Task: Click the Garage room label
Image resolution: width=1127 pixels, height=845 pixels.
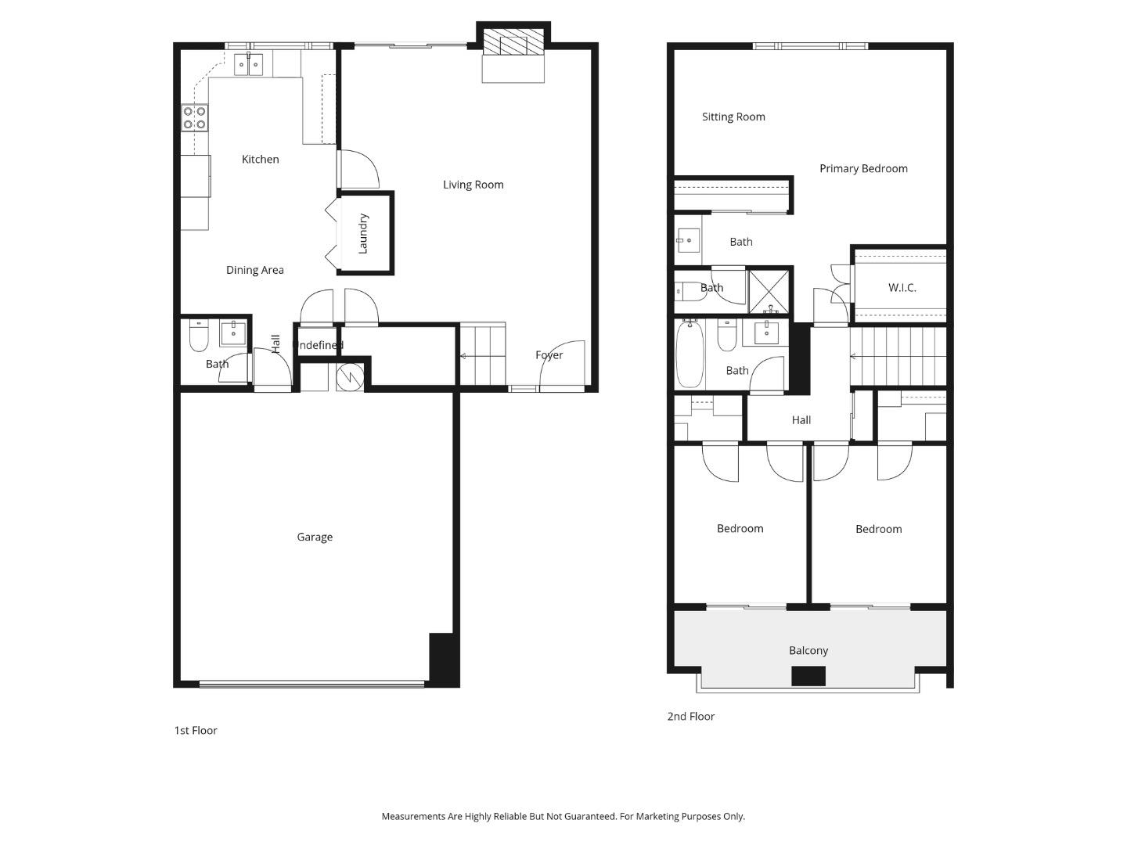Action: point(315,537)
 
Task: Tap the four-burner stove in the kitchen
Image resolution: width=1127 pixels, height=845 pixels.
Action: point(195,118)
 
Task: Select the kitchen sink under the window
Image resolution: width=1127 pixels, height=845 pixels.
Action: point(249,65)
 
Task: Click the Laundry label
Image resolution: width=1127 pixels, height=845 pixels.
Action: point(363,233)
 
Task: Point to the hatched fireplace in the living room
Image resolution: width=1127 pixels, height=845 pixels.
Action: point(513,44)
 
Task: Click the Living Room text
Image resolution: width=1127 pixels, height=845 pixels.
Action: point(473,185)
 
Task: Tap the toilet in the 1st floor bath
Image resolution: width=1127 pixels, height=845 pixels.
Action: point(198,337)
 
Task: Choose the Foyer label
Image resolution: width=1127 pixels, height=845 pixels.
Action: point(549,355)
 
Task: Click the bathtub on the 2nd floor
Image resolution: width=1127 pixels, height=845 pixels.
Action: point(690,357)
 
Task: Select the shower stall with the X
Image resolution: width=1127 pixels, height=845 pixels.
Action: point(769,292)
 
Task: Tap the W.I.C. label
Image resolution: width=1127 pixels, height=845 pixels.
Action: point(902,288)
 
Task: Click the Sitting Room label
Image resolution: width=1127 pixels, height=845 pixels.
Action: point(733,117)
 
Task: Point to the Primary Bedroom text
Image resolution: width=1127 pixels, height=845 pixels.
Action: point(863,168)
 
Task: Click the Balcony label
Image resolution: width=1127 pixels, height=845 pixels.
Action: point(808,650)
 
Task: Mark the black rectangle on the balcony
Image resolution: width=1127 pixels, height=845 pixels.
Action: point(808,676)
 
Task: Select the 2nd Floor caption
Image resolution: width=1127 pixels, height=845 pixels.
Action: point(690,716)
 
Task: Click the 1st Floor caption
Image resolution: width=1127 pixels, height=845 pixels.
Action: point(195,730)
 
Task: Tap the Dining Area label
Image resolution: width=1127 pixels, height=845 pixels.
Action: point(254,270)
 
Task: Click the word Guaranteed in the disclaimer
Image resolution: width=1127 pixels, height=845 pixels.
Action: point(588,816)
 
